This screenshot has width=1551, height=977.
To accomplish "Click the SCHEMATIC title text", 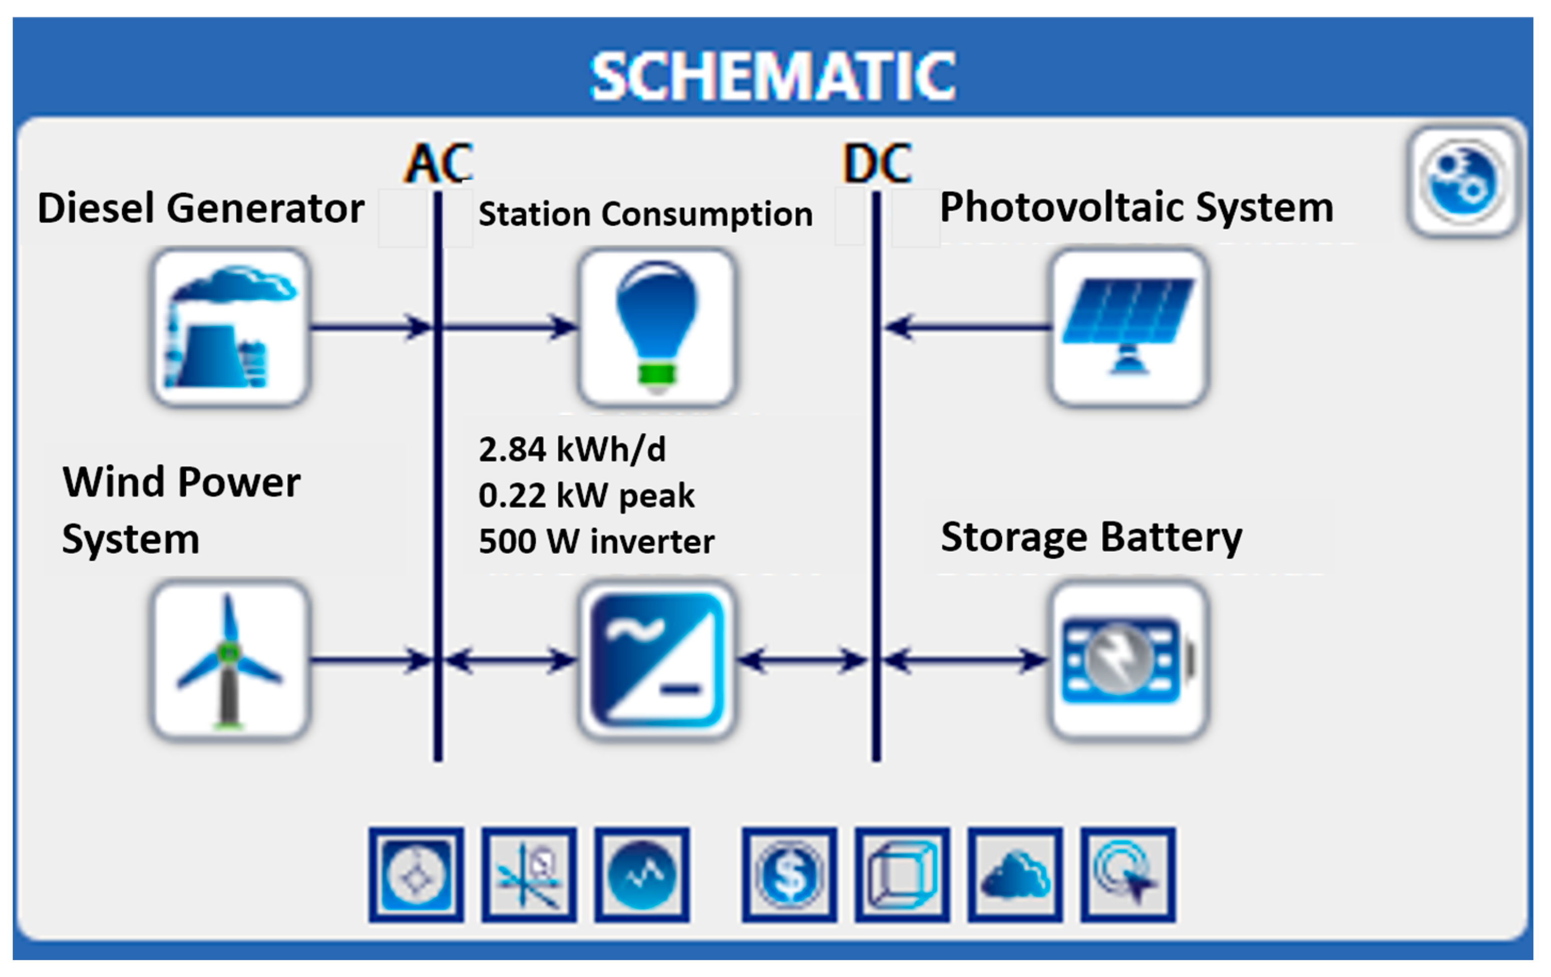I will [773, 77].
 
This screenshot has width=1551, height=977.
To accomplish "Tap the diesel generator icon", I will [231, 328].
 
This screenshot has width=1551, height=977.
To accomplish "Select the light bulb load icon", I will [657, 328].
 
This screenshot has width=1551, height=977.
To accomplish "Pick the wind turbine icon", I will [231, 660].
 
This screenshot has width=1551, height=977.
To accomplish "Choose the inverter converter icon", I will [657, 660].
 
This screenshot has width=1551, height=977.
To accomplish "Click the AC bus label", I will [438, 163].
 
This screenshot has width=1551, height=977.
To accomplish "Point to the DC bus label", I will [876, 163].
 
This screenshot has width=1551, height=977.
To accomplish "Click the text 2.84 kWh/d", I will [572, 449].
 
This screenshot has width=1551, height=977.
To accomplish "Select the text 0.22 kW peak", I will [586, 496].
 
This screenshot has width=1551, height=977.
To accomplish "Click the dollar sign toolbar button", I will [789, 875].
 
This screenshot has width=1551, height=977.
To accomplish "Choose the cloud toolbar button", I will [1015, 875].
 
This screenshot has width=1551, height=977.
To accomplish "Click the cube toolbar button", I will [902, 875].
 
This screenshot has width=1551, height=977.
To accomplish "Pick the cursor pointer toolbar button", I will [1128, 875].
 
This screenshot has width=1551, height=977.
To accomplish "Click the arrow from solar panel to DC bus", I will [966, 328].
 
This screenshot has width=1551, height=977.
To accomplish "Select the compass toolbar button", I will [416, 875].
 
